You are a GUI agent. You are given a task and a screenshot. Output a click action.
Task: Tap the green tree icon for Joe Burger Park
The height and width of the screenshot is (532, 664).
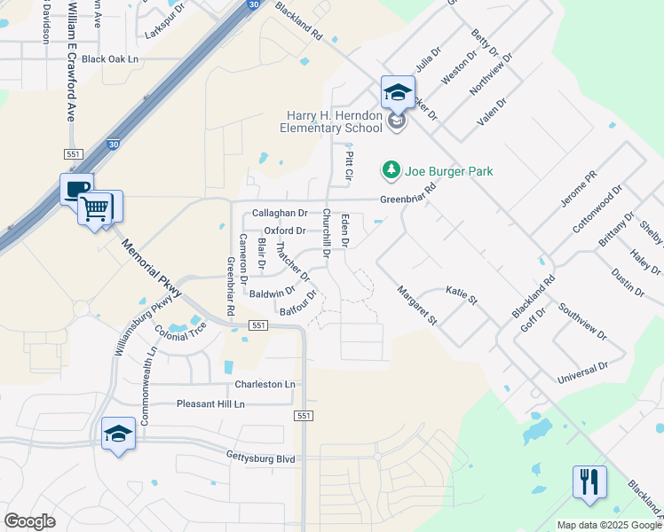pyautogui.click(x=390, y=169)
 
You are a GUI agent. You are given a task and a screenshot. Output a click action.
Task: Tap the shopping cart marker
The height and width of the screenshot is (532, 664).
pyautogui.click(x=95, y=209)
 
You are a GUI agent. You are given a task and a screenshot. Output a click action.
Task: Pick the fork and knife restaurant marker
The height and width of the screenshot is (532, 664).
pyautogui.click(x=589, y=482)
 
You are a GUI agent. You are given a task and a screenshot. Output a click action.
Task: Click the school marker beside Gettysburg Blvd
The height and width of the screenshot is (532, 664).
pyautogui.click(x=118, y=434)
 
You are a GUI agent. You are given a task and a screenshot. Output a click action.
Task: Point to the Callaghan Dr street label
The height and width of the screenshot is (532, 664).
pyautogui.click(x=280, y=214)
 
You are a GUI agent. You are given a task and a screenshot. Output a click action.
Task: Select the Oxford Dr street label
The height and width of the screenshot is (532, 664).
pyautogui.click(x=285, y=231)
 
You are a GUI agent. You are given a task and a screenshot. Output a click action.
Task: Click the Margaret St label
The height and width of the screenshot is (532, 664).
pyautogui.click(x=416, y=304)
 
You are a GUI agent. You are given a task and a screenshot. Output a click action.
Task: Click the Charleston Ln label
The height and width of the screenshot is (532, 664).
pyautogui.click(x=265, y=385)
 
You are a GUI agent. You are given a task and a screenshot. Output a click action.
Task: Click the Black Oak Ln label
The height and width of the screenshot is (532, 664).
pyautogui.click(x=111, y=59)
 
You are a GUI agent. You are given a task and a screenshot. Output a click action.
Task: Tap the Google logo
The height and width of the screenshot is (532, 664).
pyautogui.click(x=29, y=521)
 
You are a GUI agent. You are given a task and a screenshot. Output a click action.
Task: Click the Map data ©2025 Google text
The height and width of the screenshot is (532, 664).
pyautogui.click(x=608, y=525)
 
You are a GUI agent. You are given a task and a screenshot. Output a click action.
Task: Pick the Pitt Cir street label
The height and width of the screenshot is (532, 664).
pyautogui.click(x=349, y=167)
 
